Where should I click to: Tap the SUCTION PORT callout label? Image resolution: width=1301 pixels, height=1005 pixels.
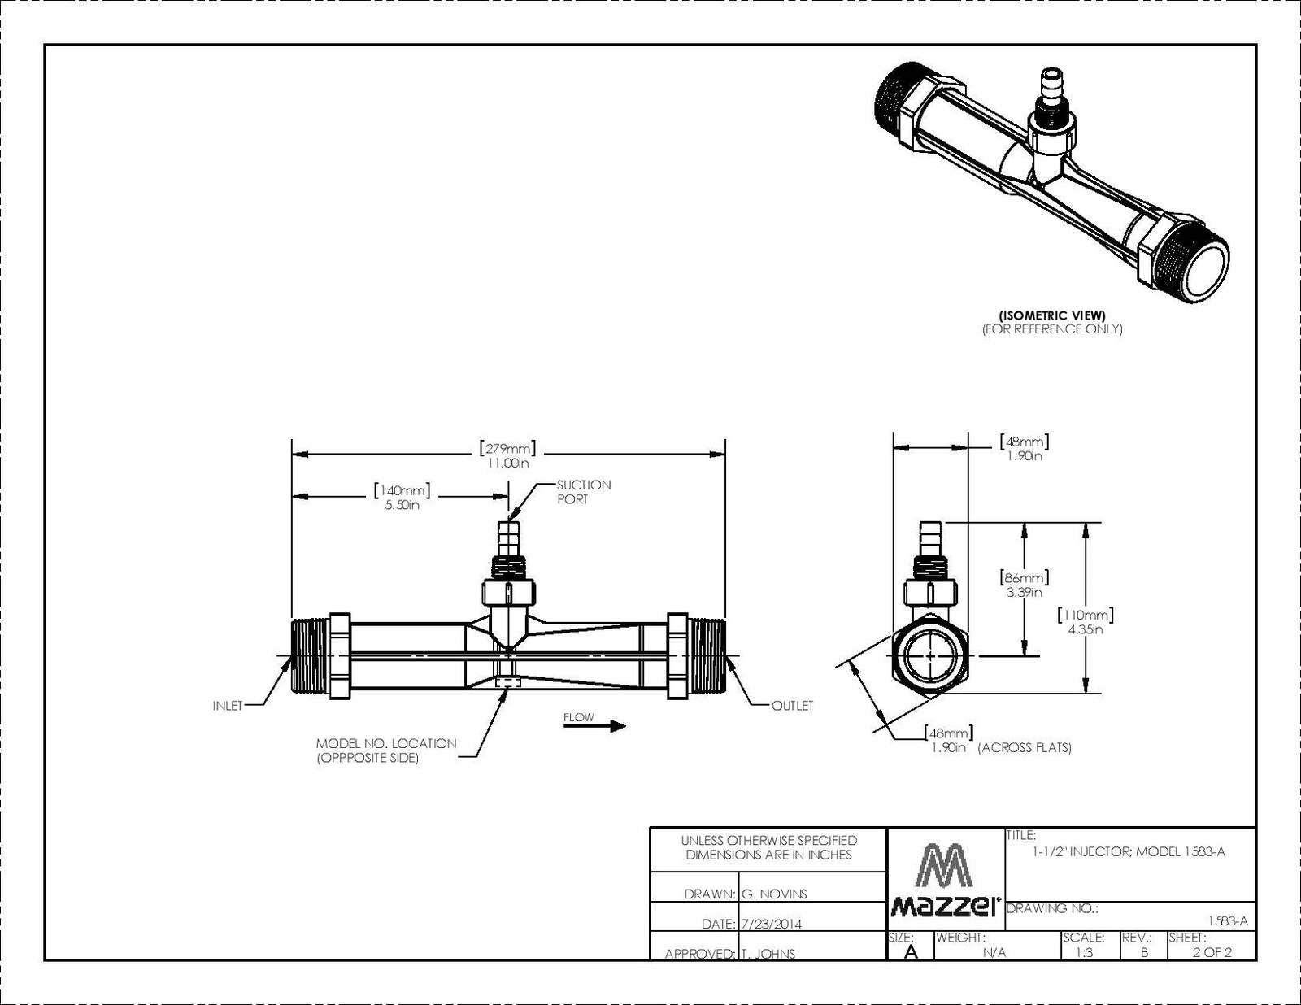pyautogui.click(x=584, y=492)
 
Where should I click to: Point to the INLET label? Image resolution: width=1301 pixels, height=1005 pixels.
pyautogui.click(x=228, y=707)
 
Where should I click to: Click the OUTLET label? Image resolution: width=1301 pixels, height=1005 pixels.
pyautogui.click(x=793, y=707)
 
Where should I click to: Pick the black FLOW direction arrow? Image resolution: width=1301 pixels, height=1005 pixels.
pyautogui.click(x=594, y=726)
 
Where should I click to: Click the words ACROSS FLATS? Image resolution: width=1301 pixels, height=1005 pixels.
pyautogui.click(x=1025, y=747)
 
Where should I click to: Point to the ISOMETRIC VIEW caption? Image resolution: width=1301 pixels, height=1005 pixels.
pyautogui.click(x=1052, y=315)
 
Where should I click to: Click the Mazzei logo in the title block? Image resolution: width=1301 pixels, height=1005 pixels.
pyautogui.click(x=946, y=880)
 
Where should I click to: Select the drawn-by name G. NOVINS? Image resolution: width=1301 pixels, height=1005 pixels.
pyautogui.click(x=774, y=894)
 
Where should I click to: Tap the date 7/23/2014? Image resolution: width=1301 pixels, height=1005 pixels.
pyautogui.click(x=771, y=924)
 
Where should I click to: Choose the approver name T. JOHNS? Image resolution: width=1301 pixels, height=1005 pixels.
pyautogui.click(x=768, y=954)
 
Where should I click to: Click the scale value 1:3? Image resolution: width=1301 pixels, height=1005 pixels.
pyautogui.click(x=1084, y=952)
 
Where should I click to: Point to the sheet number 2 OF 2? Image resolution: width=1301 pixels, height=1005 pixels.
pyautogui.click(x=1212, y=952)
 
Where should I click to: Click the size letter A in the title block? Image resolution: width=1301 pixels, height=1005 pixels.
pyautogui.click(x=911, y=951)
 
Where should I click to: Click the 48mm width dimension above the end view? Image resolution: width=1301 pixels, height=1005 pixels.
pyautogui.click(x=1025, y=448)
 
